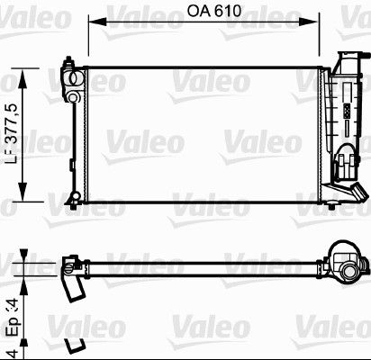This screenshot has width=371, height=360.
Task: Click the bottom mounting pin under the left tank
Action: coord(70,201)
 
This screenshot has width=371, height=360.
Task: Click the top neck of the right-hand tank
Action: coord(343,58)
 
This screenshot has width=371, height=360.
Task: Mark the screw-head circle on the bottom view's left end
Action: coord(68,265)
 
